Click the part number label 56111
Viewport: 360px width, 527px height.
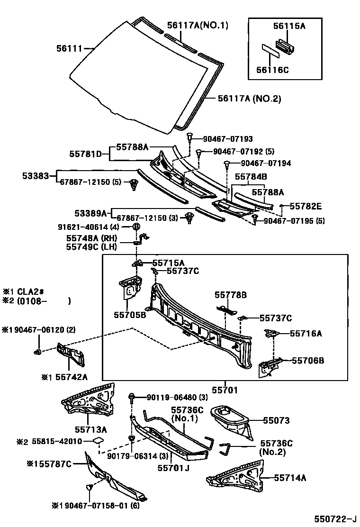[x=69, y=48]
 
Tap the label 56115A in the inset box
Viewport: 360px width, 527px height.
[x=289, y=27]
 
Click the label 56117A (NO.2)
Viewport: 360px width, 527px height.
[x=249, y=99]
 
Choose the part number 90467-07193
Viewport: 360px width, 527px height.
[x=228, y=139]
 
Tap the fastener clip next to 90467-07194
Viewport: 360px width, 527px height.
[x=228, y=164]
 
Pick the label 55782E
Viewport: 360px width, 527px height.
[x=306, y=206]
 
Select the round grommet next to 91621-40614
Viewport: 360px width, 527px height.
[x=135, y=227]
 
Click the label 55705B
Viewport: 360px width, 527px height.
[x=129, y=314]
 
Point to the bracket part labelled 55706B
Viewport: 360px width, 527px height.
[x=269, y=367]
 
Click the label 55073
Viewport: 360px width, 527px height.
[x=276, y=420]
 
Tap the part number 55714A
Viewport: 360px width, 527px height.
[x=290, y=478]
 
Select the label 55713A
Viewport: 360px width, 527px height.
[x=90, y=430]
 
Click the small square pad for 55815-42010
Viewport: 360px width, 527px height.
[x=98, y=441]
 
